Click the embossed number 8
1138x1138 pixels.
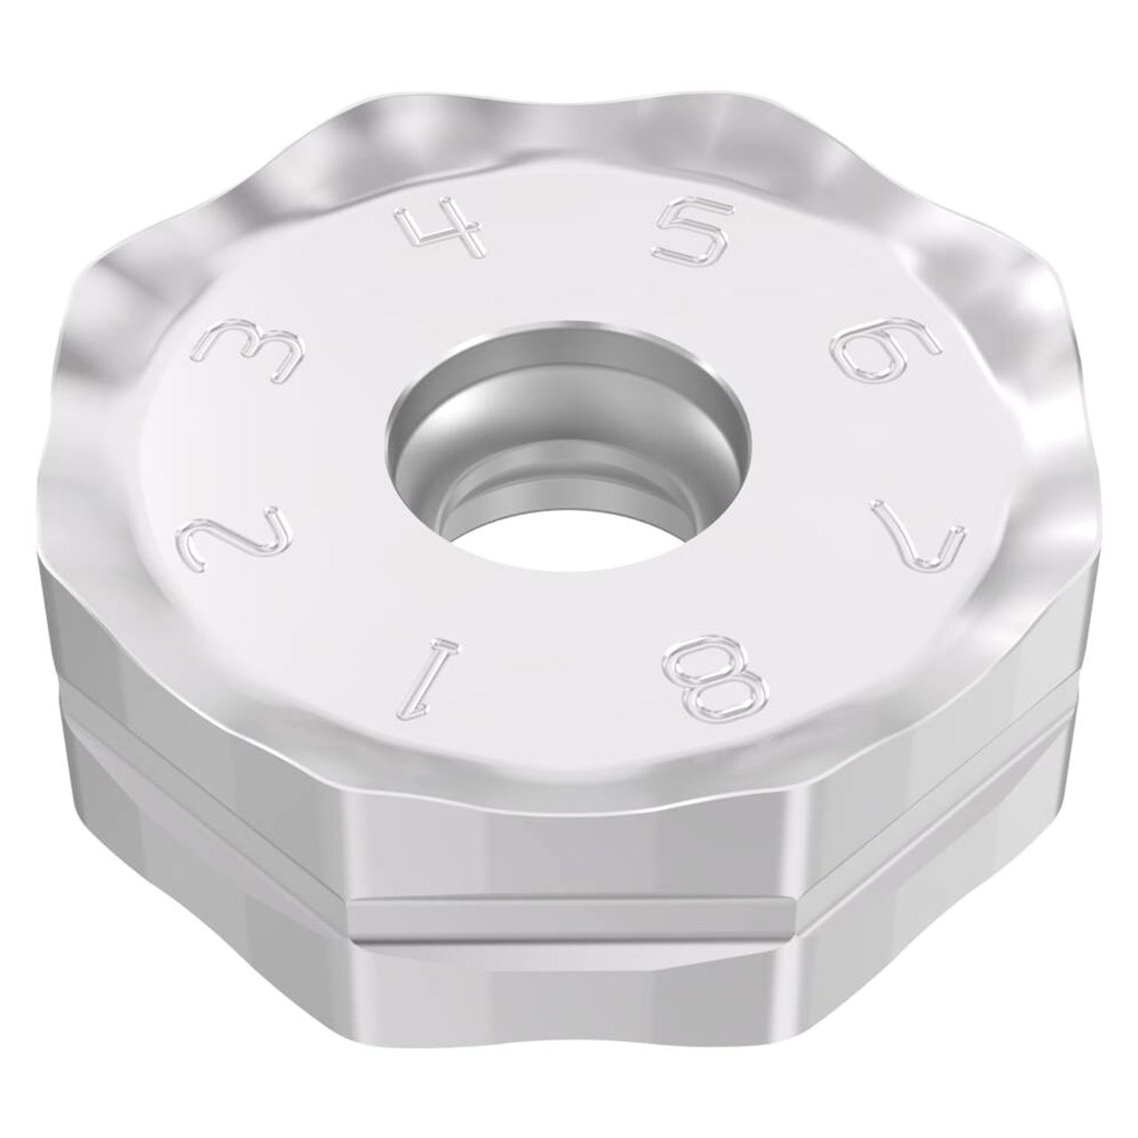pos(716,678)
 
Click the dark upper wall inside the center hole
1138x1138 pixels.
pos(567,378)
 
